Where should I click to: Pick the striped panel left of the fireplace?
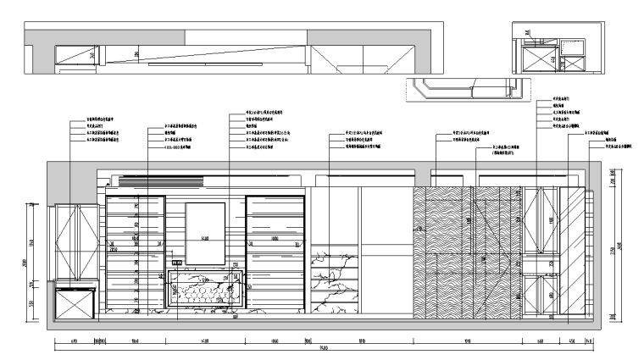pyautogui.click(x=136, y=254)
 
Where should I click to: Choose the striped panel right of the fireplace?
pyautogui.click(x=275, y=254)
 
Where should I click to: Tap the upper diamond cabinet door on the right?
pyautogui.click(x=537, y=220)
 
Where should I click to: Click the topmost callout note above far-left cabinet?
pyautogui.click(x=102, y=120)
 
